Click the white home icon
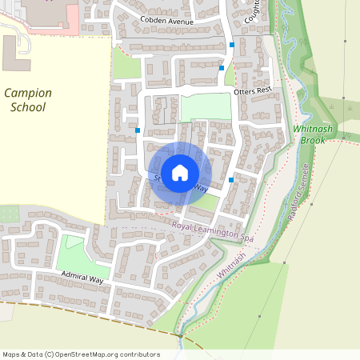pos(180,172)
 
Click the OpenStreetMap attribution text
pos(81,354)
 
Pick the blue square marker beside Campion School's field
pos(138,130)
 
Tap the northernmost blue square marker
pos(232,45)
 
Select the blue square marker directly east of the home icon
pos(231,179)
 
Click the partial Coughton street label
pos(253,10)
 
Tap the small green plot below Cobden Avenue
pos(126,64)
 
